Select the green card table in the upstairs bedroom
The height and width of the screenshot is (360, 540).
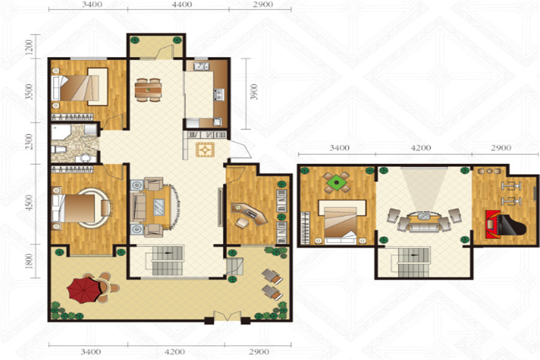(337, 182)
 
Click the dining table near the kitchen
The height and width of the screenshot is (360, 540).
(148, 90)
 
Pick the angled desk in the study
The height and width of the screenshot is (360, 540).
(250, 213)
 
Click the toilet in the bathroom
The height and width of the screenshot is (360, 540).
(59, 149)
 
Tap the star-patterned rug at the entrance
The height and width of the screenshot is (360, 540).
(205, 150)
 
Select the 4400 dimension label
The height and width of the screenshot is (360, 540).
(182, 4)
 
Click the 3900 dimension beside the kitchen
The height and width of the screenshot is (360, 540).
(254, 92)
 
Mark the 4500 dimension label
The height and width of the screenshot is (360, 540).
(29, 203)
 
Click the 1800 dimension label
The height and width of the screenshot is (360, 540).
(29, 261)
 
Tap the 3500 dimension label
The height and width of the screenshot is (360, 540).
(29, 92)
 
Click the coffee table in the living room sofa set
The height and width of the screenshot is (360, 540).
(159, 207)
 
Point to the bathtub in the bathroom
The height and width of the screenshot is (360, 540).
(61, 133)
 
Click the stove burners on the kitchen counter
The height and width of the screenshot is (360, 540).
(220, 94)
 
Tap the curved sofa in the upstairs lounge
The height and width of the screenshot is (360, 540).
(424, 223)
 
